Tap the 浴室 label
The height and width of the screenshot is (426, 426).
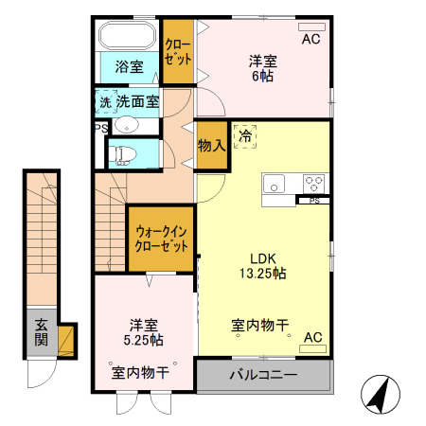[x=130, y=67]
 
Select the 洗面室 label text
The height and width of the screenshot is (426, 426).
[x=138, y=99]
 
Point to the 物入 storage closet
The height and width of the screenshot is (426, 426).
[x=211, y=145]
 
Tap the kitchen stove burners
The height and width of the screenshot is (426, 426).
[x=313, y=182]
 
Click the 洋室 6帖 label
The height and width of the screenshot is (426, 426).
[x=263, y=68]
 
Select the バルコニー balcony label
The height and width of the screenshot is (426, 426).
[x=263, y=375]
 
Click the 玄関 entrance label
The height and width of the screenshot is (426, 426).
[x=42, y=332]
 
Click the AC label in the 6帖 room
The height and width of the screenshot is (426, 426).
[x=311, y=40]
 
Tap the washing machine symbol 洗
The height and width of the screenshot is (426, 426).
[x=104, y=100]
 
